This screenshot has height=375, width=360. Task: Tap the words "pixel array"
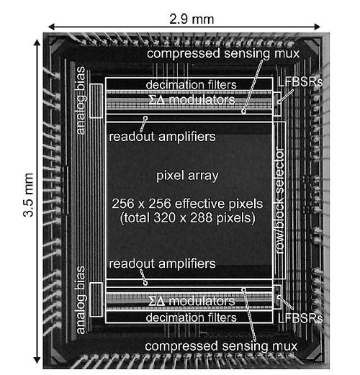(189, 176)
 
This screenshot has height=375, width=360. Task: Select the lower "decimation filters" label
(191, 317)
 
